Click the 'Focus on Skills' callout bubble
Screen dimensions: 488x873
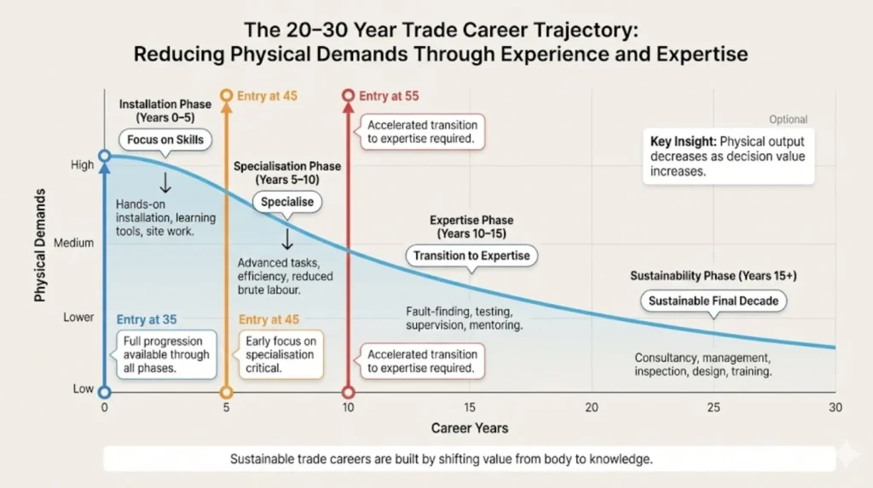(166, 140)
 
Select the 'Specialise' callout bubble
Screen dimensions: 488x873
(287, 203)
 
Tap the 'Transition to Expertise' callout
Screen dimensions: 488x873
(471, 255)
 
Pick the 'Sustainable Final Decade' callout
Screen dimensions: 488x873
(713, 301)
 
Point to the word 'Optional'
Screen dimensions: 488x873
(788, 120)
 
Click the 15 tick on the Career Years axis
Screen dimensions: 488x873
(470, 408)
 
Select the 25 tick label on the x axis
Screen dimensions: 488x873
(713, 408)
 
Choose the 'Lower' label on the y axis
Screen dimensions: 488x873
(78, 318)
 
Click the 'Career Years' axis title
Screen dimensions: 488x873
(469, 428)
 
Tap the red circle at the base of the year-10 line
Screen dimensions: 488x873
(348, 393)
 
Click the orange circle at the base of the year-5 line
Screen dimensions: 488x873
(226, 393)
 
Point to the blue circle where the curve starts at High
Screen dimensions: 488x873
(104, 157)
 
